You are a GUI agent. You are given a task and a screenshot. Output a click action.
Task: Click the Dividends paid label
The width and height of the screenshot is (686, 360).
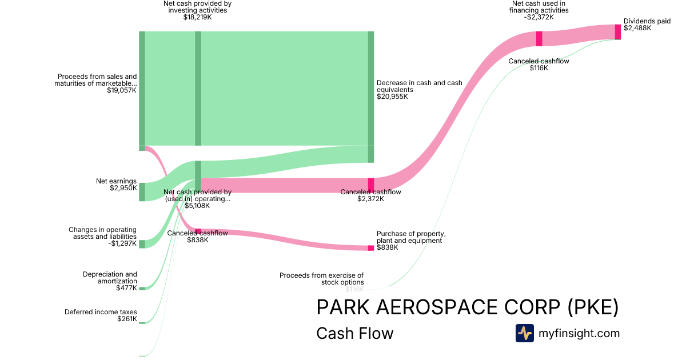[647, 21]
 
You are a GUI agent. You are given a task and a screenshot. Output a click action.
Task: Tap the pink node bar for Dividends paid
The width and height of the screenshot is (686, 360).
[617, 32]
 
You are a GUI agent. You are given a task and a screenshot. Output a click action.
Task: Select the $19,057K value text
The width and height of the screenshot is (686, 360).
[122, 90]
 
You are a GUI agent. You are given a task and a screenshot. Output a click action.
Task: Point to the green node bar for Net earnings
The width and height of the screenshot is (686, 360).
[142, 191]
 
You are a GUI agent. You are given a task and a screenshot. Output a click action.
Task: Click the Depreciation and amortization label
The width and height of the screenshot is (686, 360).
[110, 278]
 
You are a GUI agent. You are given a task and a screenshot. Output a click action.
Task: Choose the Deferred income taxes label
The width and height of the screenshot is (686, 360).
[101, 312]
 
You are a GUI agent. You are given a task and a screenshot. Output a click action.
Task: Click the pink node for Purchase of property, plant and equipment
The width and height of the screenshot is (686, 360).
[370, 248]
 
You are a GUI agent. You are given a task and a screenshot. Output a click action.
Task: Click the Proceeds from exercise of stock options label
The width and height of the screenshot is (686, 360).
[321, 279]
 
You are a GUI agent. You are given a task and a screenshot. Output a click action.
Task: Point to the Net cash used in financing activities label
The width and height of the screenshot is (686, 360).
[539, 7]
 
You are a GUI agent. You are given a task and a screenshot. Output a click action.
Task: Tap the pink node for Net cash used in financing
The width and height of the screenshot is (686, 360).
[539, 39]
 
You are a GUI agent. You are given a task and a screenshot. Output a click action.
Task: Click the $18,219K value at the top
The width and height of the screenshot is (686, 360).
[198, 17]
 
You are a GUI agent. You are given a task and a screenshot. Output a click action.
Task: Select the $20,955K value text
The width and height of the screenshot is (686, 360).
[392, 97]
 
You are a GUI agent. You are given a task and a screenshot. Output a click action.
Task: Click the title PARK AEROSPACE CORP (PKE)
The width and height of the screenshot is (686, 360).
[467, 307]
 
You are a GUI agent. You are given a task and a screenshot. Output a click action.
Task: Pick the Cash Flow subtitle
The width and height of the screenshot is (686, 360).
[354, 333]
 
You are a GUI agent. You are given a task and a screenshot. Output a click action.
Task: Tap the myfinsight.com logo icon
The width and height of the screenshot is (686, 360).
[524, 333]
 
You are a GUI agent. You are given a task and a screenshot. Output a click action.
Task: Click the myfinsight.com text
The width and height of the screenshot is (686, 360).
[579, 333]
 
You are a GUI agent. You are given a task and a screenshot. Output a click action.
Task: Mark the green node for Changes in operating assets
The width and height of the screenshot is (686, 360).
[142, 244]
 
